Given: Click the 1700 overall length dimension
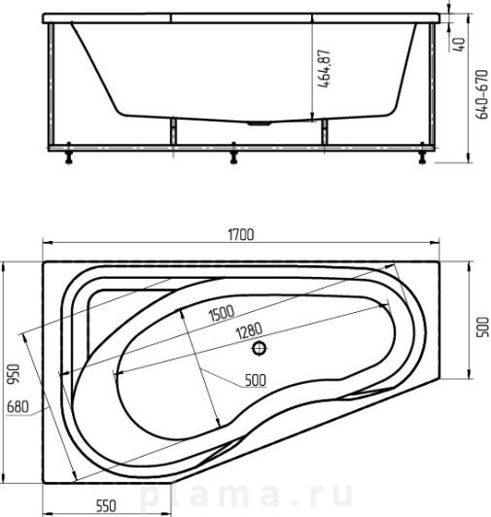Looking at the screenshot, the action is click(241, 234).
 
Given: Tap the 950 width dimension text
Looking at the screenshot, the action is click(14, 373).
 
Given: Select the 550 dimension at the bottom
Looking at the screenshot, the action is click(106, 505).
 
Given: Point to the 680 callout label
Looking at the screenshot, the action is click(18, 406).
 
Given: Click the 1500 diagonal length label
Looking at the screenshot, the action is click(222, 313).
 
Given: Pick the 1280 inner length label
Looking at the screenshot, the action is click(250, 330).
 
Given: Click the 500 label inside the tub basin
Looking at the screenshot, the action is click(256, 380).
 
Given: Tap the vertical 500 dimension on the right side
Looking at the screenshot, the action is click(483, 327).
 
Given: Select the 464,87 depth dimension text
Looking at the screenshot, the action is click(324, 69).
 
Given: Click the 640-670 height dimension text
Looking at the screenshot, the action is click(482, 94).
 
